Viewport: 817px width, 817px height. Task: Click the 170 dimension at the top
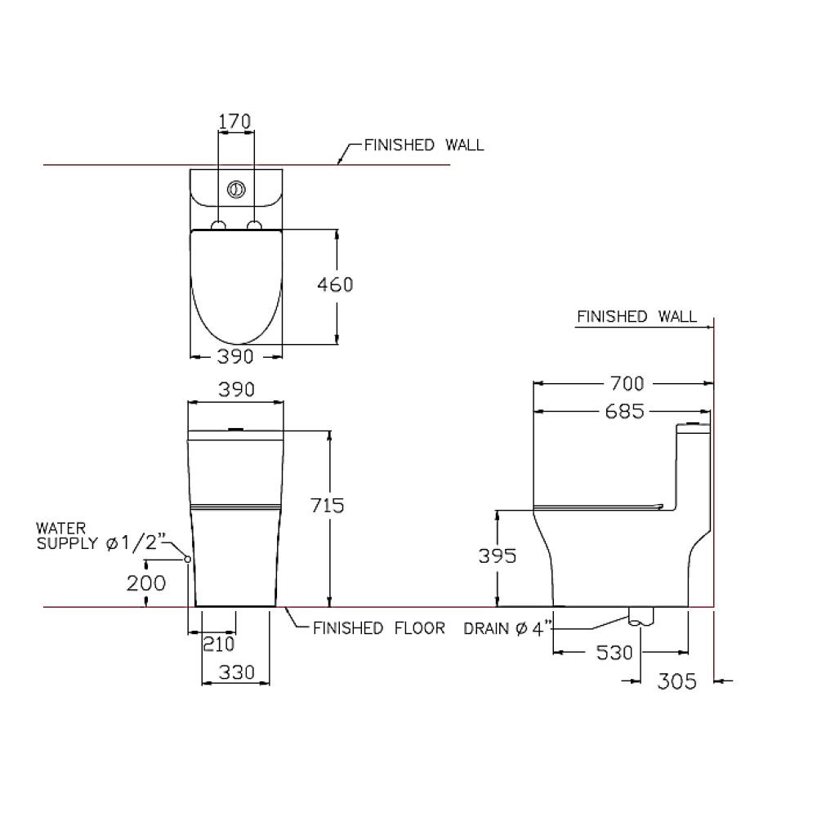click(234, 122)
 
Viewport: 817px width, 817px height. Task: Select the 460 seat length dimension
click(335, 285)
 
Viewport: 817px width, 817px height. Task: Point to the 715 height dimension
click(328, 506)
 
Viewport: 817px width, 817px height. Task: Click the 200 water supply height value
click(146, 583)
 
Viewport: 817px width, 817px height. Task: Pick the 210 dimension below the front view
click(218, 645)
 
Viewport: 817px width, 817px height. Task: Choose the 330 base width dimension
click(237, 672)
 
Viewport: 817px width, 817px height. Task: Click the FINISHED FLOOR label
click(379, 628)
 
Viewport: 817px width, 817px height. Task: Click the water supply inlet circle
click(188, 559)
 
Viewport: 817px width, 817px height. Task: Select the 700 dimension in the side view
click(627, 384)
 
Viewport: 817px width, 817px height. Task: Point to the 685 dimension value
click(625, 412)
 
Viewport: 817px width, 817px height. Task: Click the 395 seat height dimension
click(498, 556)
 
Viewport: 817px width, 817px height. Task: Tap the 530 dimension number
click(614, 653)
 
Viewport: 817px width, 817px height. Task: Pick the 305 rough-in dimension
click(676, 681)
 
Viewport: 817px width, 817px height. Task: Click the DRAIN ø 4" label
click(507, 629)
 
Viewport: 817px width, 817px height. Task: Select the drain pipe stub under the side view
click(641, 616)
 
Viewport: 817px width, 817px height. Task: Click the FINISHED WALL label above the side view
click(636, 317)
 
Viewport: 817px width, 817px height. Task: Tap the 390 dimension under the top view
click(235, 357)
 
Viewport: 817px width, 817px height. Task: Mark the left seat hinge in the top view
click(219, 225)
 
